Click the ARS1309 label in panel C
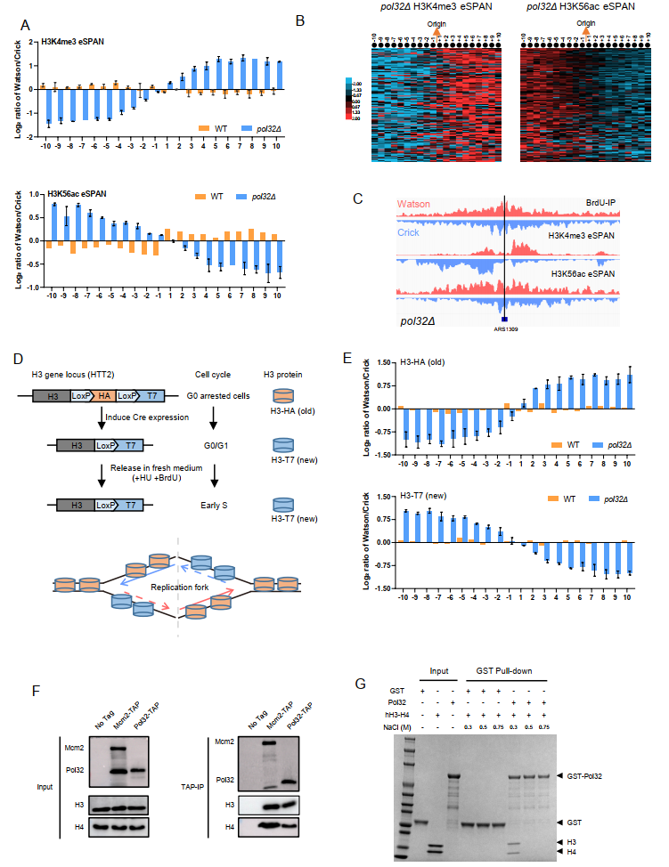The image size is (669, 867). point(504,328)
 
